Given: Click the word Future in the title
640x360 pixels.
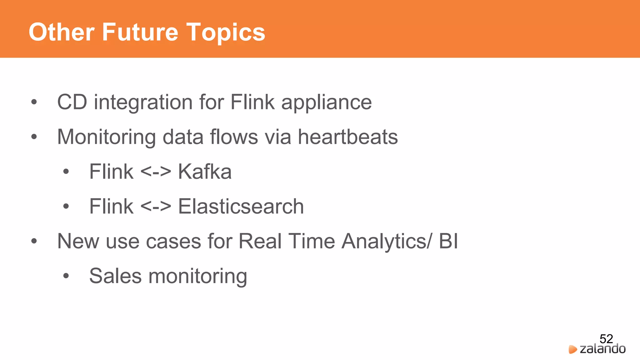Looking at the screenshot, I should pos(140,32).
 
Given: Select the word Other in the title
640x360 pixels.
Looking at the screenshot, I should pos(62,32).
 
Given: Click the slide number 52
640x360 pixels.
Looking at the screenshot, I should pos(606,339).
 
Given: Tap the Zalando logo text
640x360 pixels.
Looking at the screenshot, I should pos(602,349).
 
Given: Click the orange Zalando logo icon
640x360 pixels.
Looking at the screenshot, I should pos(572,349).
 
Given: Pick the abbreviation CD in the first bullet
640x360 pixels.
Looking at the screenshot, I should pos(72,102).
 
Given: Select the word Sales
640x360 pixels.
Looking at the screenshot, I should pos(115,276).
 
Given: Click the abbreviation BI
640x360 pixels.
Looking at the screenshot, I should pos(448,241).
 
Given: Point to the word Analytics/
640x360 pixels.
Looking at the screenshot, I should pos(387,241).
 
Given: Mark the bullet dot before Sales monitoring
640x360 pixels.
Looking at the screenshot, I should pos(66,276).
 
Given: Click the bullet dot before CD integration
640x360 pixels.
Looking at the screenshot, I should pos(34,102).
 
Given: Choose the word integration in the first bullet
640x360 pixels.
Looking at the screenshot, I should pos(143,102).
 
